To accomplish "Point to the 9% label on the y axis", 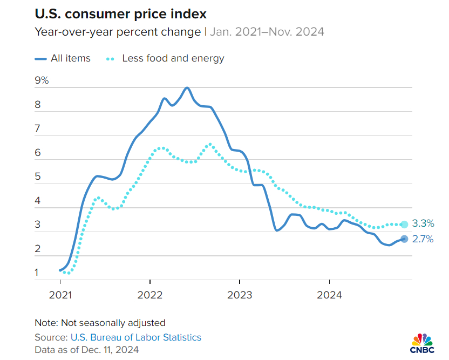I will coord(42,81).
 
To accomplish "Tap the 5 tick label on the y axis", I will coord(38,177).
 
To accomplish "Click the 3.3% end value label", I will coord(423,223).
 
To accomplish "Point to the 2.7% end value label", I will coord(423,239).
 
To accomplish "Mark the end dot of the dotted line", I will coord(404,225).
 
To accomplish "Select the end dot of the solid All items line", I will coord(404,239).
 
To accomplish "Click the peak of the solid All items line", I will coord(187,87).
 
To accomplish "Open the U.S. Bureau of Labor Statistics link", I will coord(135,337).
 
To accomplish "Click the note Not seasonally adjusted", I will coord(100,323).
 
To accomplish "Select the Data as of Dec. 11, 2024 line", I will coord(86,350).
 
